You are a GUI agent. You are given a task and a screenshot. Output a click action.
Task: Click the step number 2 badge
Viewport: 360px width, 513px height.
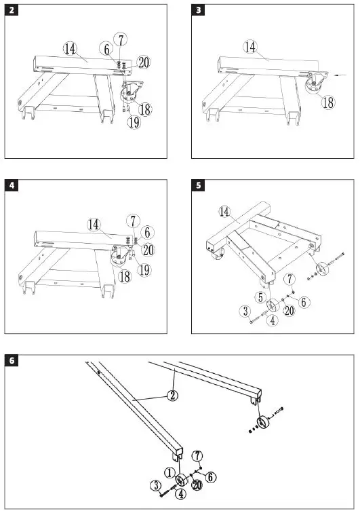click(12, 10)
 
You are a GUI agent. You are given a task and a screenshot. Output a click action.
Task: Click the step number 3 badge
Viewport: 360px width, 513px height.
click(198, 10)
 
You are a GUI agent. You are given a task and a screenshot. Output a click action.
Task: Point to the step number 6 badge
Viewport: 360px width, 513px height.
click(12, 360)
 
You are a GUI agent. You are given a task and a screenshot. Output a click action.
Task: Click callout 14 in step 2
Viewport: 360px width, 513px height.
click(70, 48)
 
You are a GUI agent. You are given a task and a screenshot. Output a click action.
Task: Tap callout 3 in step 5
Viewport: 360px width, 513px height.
click(246, 311)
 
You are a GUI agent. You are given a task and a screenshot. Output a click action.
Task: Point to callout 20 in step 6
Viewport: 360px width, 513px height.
click(196, 484)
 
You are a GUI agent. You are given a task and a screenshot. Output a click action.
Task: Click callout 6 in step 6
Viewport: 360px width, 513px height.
click(211, 476)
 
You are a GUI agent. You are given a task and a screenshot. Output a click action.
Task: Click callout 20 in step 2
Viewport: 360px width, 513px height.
click(143, 62)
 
